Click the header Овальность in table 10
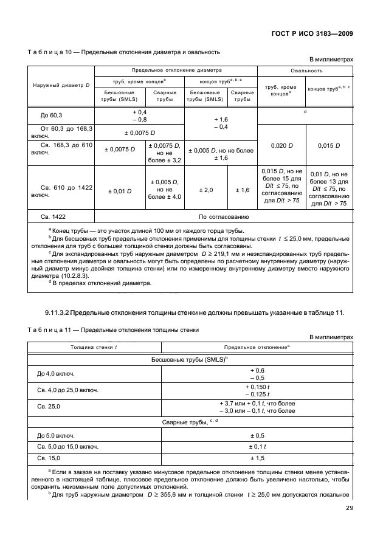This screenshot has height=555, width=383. [x=306, y=71]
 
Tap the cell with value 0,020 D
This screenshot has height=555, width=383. [x=281, y=146]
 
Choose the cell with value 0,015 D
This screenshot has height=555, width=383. [x=329, y=146]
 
